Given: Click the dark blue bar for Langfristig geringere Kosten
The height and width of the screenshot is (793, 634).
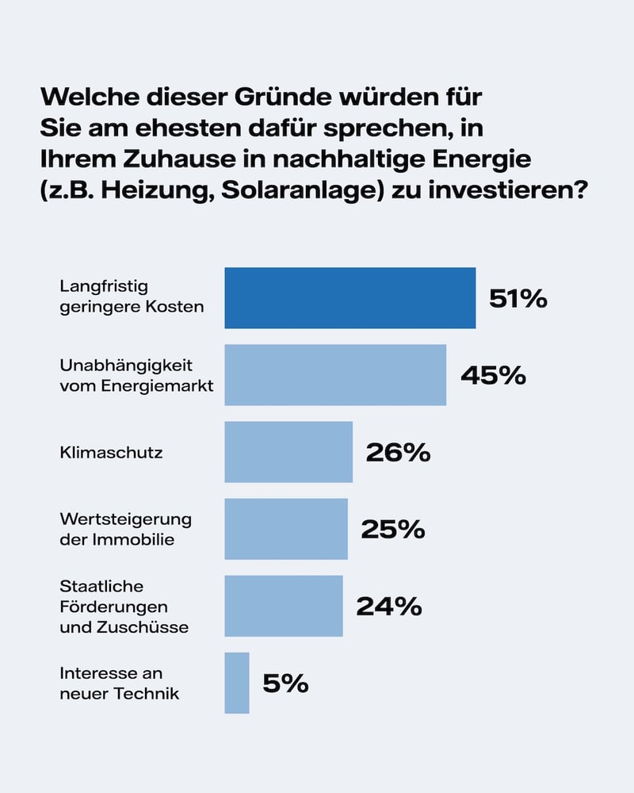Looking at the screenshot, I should (349, 298).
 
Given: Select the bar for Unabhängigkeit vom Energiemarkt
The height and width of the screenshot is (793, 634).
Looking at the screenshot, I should (335, 375).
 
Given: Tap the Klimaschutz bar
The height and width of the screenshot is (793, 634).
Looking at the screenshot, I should (288, 452).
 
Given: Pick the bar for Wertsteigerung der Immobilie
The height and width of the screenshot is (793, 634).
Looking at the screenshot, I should (286, 529).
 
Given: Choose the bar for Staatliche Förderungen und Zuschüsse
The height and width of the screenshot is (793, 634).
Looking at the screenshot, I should (284, 606).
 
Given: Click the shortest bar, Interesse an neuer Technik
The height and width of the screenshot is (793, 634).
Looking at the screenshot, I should (237, 683).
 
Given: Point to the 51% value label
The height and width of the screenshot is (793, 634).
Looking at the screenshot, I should (518, 299).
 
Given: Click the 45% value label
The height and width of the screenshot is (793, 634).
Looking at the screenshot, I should (493, 375).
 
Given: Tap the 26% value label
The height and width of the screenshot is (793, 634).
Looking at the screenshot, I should (398, 453).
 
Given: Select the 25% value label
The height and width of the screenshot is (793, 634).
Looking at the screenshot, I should (393, 530).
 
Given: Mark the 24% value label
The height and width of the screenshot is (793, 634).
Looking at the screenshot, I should (388, 607).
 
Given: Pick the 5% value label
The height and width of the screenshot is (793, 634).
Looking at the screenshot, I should (285, 684).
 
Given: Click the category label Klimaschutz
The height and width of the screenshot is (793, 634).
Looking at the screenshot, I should (111, 453).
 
